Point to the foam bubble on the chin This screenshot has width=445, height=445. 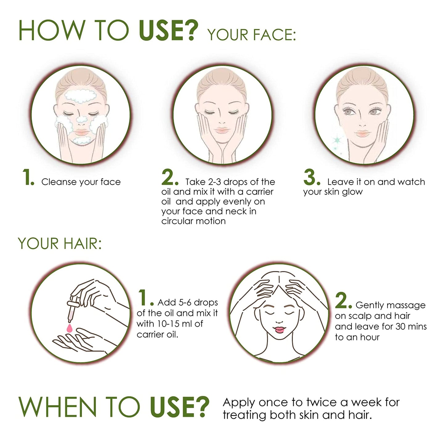tap(83, 140)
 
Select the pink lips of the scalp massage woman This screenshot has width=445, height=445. tap(279, 330)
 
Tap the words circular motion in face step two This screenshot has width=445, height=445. tap(193, 221)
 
